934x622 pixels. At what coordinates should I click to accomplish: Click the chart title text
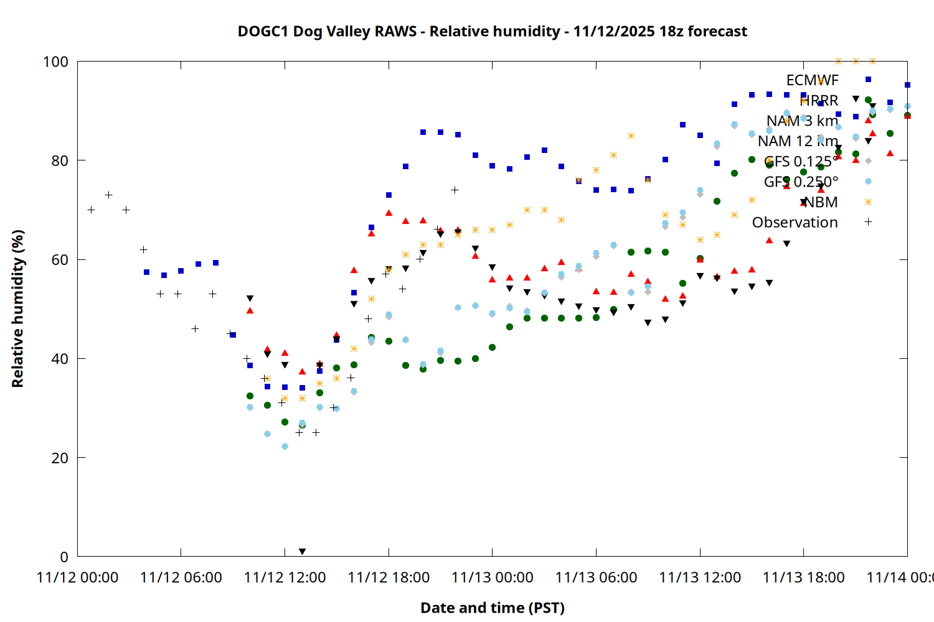click(492, 31)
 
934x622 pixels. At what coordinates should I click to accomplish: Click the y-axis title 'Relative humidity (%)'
click(17, 309)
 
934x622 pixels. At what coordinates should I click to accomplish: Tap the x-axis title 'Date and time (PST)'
click(492, 608)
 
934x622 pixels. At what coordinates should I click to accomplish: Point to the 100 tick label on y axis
click(55, 62)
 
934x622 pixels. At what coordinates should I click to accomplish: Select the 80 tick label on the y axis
click(60, 160)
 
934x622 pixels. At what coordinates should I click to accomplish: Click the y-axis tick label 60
click(60, 259)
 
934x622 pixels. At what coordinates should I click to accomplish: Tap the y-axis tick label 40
click(60, 359)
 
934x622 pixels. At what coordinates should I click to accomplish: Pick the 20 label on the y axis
click(60, 458)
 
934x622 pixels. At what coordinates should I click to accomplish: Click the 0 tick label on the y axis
click(64, 557)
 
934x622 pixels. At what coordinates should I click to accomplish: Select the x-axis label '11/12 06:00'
click(181, 578)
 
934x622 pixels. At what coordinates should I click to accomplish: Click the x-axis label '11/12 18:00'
click(389, 578)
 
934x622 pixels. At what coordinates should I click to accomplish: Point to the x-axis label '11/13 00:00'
click(492, 578)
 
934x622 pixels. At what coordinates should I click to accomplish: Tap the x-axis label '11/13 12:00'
click(700, 578)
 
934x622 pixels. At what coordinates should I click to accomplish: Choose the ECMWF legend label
click(812, 80)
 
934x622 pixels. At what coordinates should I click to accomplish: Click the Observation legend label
click(795, 222)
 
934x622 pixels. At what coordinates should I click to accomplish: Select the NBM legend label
click(821, 202)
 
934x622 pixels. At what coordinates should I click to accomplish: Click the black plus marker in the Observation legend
click(868, 222)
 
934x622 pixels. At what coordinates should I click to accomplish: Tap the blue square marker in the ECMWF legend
click(868, 80)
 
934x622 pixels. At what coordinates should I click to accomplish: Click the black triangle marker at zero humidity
click(302, 552)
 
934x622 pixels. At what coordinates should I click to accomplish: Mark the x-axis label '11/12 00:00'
click(77, 578)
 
